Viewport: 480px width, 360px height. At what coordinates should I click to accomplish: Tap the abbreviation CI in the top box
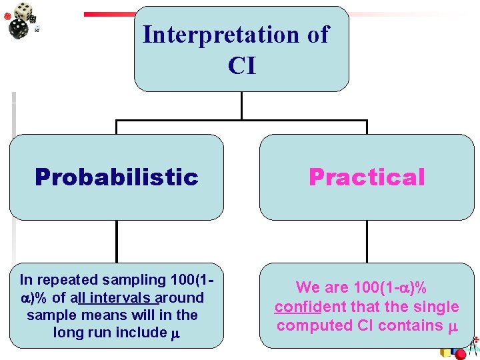(x=241, y=66)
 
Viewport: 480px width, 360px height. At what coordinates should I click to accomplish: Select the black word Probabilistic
(x=117, y=177)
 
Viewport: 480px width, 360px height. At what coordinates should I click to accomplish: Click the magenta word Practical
(x=366, y=177)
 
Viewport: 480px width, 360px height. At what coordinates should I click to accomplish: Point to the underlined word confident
(x=306, y=307)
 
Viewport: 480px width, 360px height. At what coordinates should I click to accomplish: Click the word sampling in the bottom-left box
(x=151, y=280)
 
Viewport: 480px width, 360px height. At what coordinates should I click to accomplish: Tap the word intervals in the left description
(x=115, y=297)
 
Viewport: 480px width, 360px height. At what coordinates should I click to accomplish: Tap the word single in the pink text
(x=439, y=307)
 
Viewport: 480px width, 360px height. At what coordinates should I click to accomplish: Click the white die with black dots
(x=23, y=9)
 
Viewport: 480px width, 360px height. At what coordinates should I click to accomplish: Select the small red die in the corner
(x=7, y=16)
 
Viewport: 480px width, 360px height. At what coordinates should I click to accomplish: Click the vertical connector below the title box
(x=241, y=105)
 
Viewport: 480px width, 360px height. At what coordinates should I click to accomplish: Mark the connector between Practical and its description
(x=367, y=241)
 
